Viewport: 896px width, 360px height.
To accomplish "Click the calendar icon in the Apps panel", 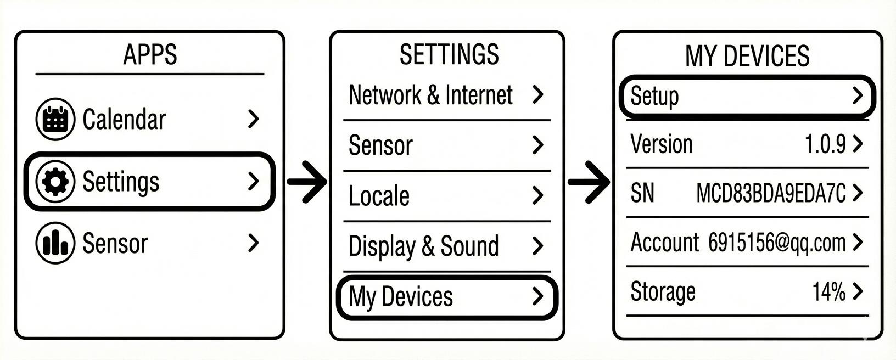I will (x=55, y=119).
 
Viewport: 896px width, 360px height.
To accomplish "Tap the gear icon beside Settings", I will (x=55, y=182).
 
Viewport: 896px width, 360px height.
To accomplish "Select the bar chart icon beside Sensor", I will (x=55, y=243).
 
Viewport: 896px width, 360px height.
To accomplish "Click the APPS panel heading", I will (x=150, y=54).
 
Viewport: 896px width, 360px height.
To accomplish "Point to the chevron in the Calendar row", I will (x=253, y=119).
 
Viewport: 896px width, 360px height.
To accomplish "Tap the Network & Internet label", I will (x=430, y=95).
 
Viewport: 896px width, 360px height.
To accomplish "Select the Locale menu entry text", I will (x=379, y=196).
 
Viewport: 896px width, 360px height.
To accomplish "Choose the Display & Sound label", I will (x=423, y=246).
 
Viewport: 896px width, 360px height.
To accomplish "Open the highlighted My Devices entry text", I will (x=401, y=297).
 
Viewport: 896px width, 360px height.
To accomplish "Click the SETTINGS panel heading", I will (x=449, y=54).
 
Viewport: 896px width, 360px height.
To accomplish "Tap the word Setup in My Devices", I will (x=654, y=96).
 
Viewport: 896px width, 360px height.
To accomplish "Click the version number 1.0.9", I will (x=825, y=144).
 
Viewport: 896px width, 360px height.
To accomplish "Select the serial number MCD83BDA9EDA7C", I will (x=770, y=193).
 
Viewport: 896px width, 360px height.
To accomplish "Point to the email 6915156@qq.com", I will (x=776, y=242).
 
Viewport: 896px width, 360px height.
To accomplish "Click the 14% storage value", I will (x=828, y=291).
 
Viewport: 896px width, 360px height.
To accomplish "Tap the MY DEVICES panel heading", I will (x=747, y=56).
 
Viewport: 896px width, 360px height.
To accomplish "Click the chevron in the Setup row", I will (x=858, y=96).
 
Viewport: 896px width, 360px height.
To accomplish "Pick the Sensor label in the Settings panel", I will (x=380, y=145).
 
